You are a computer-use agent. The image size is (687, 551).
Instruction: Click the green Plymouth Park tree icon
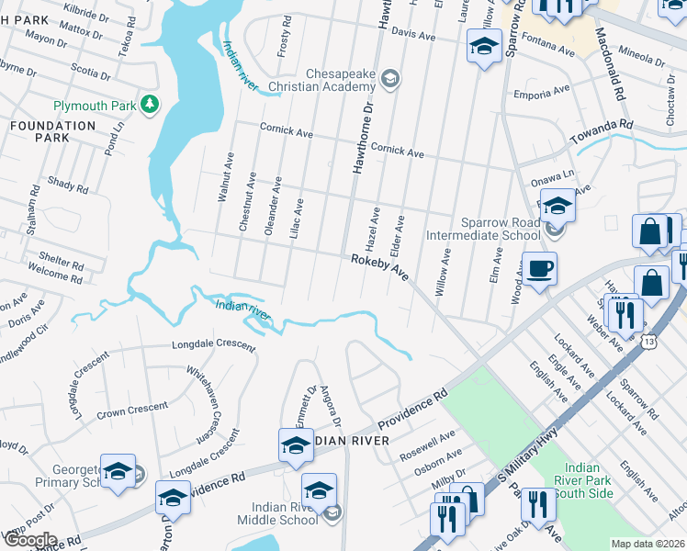coord(149,106)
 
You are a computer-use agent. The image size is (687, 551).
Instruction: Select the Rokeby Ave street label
coord(378,267)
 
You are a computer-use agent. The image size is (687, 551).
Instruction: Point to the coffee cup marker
coord(539,269)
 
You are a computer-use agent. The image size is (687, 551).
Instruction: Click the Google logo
coord(29,540)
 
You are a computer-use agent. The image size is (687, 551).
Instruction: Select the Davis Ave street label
coord(412,31)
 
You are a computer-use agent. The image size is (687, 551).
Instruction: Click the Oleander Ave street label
coord(272,207)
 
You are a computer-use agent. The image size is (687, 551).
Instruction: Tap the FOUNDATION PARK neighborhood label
coord(52,131)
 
